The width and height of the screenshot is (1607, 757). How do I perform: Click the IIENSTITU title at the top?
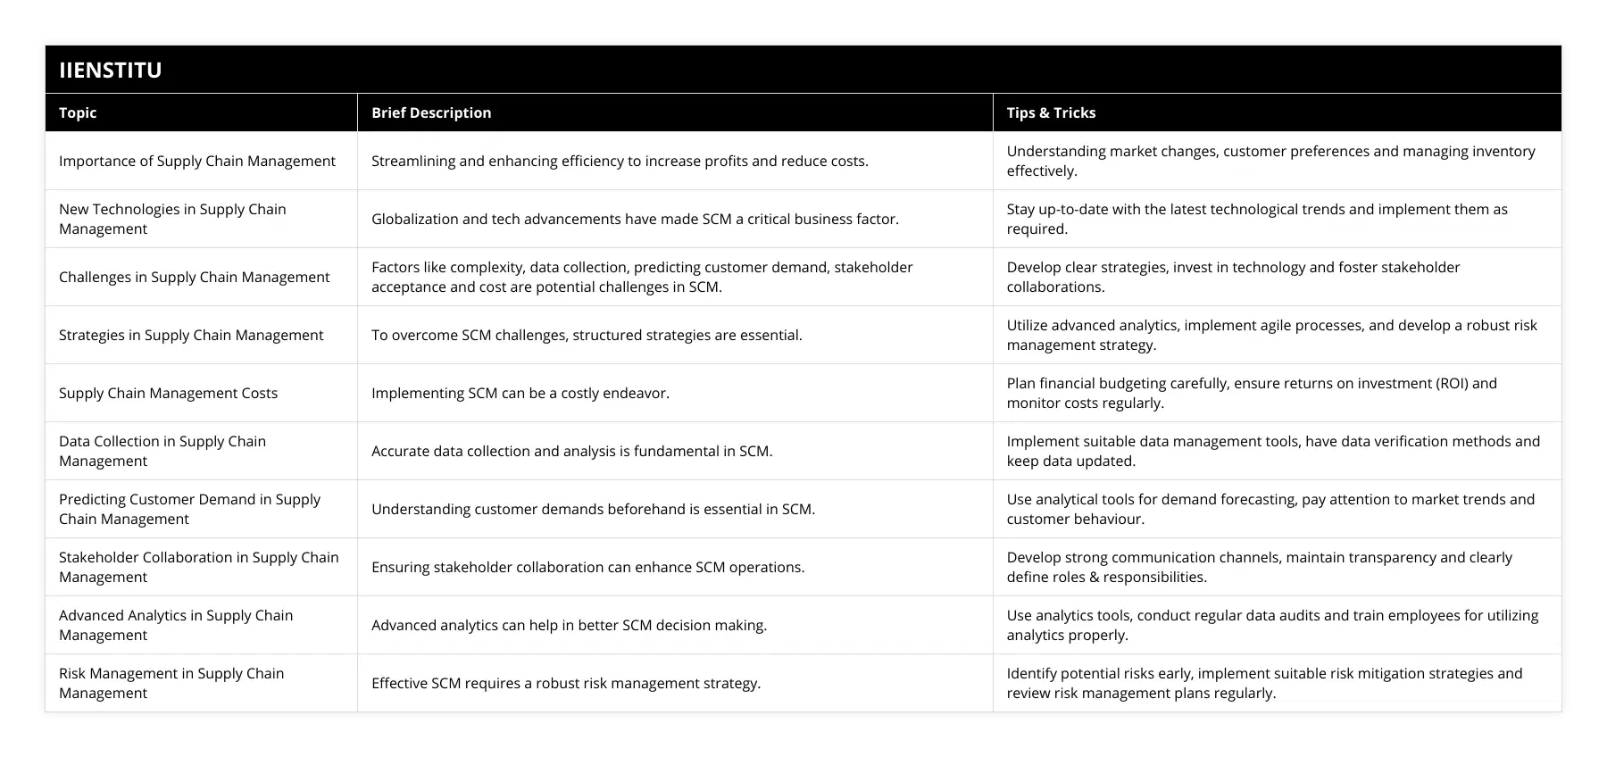[x=111, y=70]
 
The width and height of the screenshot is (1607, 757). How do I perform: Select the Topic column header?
[x=78, y=112]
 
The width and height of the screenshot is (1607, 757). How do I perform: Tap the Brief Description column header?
[x=431, y=112]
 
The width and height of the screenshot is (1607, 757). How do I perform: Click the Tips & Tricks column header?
[x=1051, y=112]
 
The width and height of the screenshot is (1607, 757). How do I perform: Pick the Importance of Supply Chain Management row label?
[x=197, y=161]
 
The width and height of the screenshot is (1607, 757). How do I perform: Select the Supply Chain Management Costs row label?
[x=168, y=393]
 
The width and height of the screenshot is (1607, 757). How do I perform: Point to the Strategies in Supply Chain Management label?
[x=191, y=335]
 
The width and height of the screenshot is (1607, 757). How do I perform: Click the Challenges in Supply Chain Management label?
[x=194, y=277]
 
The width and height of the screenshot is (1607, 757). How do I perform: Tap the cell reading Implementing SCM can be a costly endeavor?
[x=520, y=393]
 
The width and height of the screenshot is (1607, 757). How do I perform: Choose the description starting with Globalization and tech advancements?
[x=635, y=219]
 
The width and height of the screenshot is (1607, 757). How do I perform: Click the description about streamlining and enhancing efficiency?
[x=620, y=161]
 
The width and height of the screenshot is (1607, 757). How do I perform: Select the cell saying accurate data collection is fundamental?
[x=571, y=451]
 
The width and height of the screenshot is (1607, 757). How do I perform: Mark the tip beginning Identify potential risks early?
[x=1264, y=683]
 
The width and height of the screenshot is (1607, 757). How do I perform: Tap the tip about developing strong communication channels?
[x=1259, y=567]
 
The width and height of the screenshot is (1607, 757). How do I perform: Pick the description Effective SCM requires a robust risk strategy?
[x=566, y=683]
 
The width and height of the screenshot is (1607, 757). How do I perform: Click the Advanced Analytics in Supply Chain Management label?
[x=176, y=625]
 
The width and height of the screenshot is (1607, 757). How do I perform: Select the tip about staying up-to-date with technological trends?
[x=1256, y=219]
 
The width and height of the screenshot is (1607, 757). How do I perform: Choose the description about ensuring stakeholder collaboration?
[x=587, y=567]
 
